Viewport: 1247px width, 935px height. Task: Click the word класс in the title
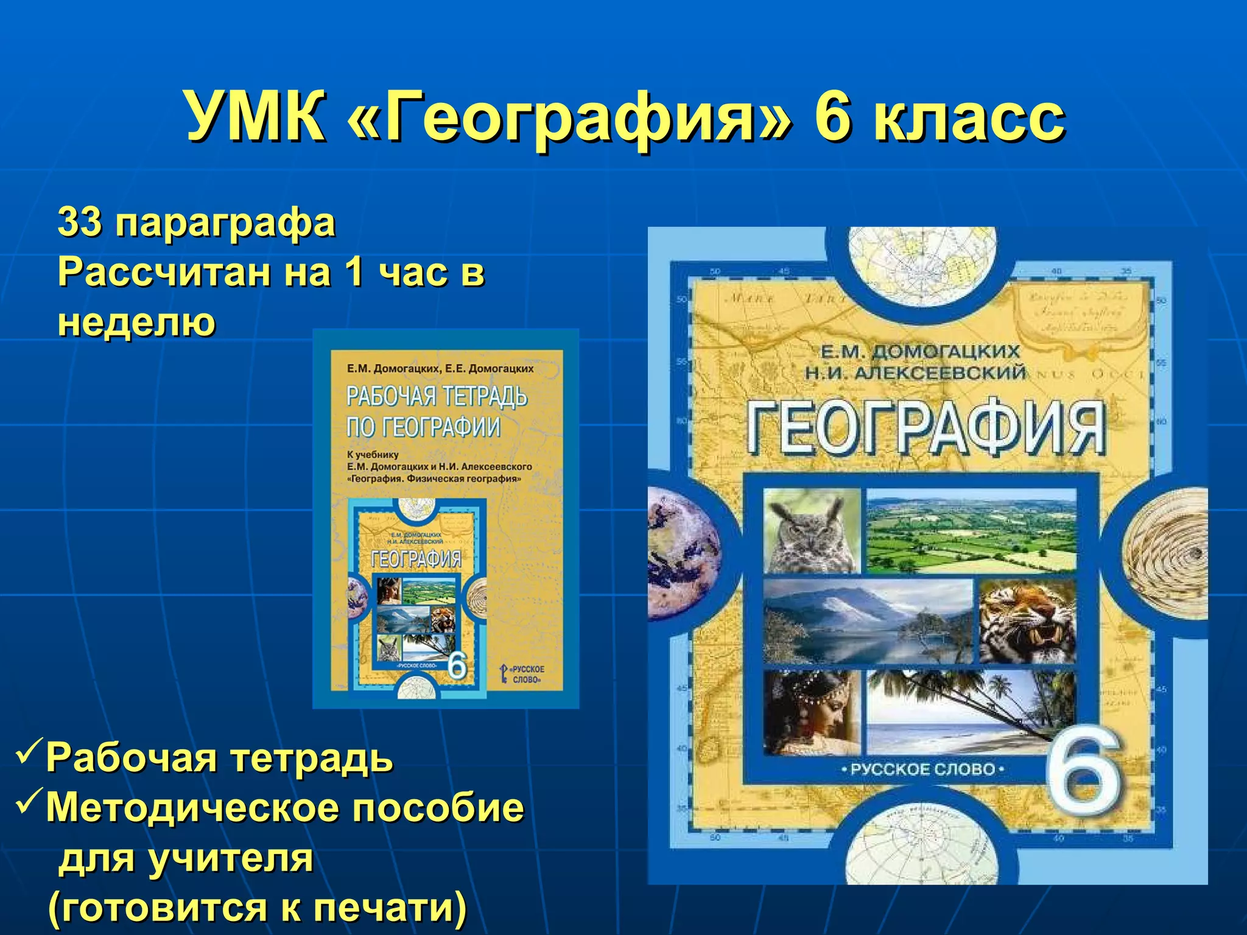point(968,117)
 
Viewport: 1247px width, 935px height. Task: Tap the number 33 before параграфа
point(79,222)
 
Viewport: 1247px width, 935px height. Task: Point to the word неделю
point(136,321)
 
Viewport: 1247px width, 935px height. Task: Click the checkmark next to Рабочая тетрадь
point(28,753)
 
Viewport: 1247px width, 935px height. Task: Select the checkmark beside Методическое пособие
point(28,804)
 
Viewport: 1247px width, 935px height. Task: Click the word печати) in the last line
point(390,907)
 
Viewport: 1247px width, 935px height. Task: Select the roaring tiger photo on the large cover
point(1027,621)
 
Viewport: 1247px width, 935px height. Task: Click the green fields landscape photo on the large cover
point(971,531)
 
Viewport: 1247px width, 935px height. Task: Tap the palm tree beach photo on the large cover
point(956,712)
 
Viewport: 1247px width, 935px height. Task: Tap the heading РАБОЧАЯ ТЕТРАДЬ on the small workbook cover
point(437,397)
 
